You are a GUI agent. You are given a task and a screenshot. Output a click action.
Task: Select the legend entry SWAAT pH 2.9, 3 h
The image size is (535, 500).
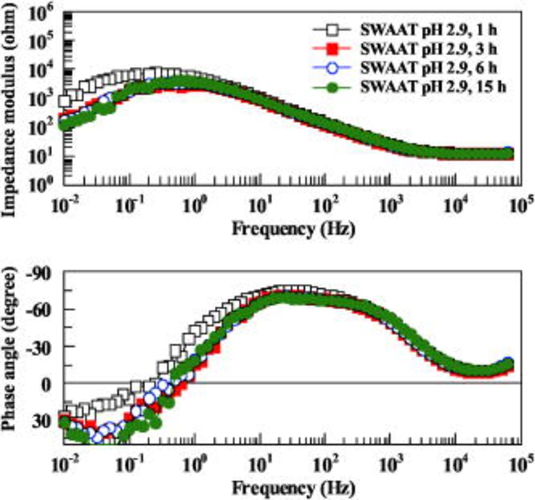428,49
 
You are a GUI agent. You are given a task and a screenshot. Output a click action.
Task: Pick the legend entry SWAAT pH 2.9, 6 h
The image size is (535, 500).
428,68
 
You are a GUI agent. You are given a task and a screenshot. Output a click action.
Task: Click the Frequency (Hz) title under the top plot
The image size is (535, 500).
293,229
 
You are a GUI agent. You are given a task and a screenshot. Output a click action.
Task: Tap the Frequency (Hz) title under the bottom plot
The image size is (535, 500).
293,487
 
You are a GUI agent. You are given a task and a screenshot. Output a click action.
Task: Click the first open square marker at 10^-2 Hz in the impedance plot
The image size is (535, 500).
65,101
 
